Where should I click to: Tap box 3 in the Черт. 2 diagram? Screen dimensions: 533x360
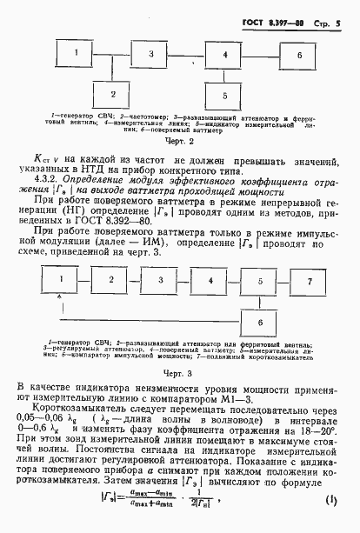[150, 55]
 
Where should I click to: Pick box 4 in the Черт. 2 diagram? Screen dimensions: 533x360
[226, 55]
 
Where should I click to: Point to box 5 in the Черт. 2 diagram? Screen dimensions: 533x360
[226, 94]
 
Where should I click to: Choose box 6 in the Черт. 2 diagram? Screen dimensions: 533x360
[300, 55]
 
